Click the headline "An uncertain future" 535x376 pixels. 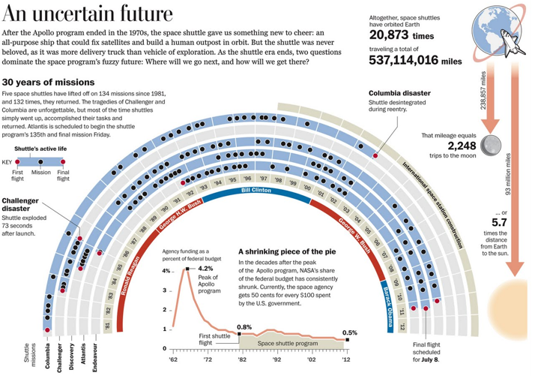click(88, 14)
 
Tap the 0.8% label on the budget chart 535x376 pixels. click(244, 327)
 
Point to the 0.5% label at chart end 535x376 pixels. click(349, 332)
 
